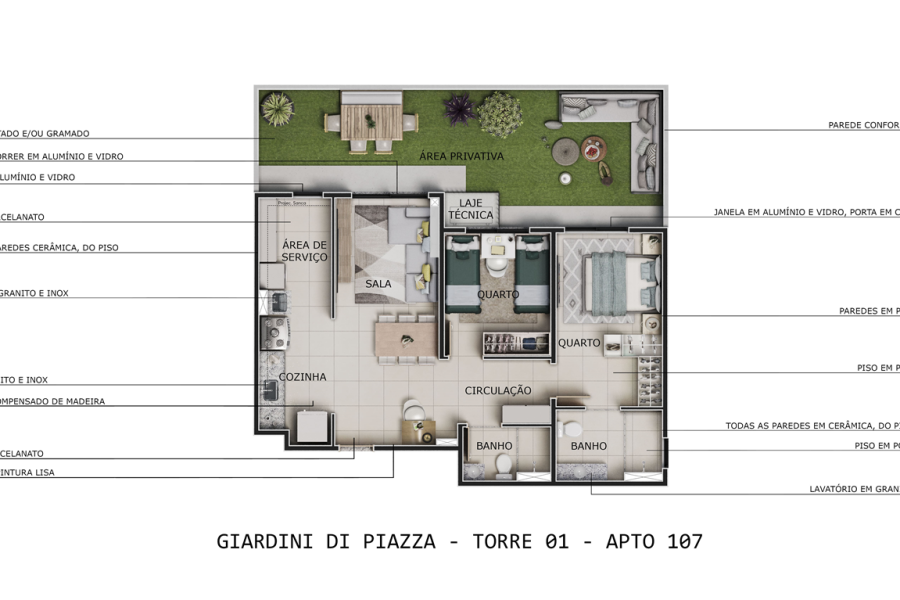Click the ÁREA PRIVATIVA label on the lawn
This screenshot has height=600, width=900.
pos(461,156)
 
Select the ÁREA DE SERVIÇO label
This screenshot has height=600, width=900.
pos(304,251)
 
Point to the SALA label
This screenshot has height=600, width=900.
pos(378,284)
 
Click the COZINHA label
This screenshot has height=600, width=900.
pos(302,377)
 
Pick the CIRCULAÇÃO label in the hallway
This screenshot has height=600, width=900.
pos(497,390)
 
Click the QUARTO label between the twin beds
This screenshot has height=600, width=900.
pos(497,295)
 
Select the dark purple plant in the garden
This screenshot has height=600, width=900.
pos(459,108)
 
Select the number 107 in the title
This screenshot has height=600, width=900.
pos(681,542)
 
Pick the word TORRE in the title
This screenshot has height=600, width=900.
pos(505,542)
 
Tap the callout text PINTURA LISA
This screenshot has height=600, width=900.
pos(27,472)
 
